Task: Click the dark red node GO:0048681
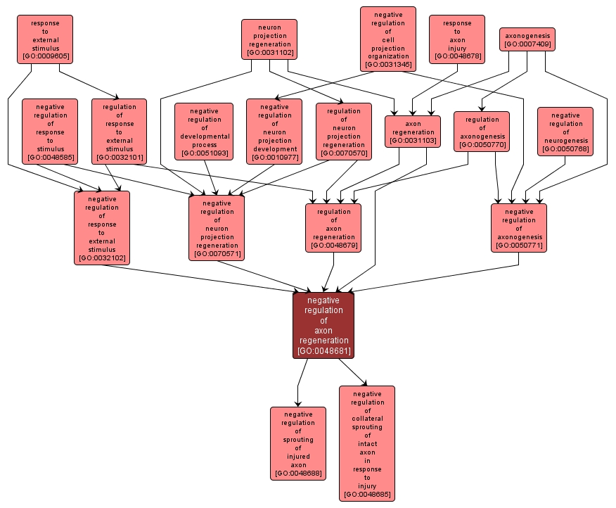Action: click(323, 325)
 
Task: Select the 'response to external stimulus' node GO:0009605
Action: click(45, 39)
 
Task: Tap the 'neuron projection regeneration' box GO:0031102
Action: click(269, 39)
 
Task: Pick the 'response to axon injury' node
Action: click(456, 39)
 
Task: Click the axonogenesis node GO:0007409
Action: click(527, 39)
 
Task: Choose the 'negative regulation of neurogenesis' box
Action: click(565, 132)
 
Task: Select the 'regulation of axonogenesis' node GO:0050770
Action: click(482, 132)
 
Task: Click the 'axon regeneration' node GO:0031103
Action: click(413, 132)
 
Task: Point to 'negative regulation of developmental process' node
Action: click(204, 132)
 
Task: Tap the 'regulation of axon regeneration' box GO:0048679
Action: click(333, 228)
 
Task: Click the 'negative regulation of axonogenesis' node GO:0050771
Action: click(519, 228)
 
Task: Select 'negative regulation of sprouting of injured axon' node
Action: click(298, 443)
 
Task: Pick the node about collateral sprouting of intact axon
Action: click(366, 443)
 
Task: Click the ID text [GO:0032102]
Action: click(102, 258)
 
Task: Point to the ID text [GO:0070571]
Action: click(217, 254)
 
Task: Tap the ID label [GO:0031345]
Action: click(388, 65)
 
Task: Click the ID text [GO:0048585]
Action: click(50, 157)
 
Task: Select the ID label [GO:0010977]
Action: click(274, 157)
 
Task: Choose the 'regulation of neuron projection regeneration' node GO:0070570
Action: click(343, 132)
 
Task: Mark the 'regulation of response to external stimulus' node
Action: click(119, 132)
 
